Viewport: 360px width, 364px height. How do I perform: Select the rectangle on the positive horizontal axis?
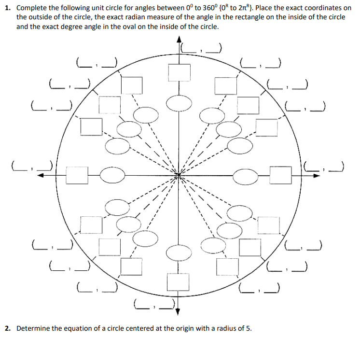coord(281,175)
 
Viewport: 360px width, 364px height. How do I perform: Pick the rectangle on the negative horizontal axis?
coord(76,175)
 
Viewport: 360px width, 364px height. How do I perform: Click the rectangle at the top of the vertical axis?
coord(179,72)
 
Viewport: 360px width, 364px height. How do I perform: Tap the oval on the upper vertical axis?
coord(179,103)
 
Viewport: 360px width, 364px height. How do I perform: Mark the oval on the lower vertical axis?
coord(179,252)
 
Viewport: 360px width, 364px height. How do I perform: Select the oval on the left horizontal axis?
coord(112,175)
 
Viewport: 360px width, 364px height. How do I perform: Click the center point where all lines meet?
coord(179,175)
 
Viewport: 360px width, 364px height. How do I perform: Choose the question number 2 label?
coord(8,329)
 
